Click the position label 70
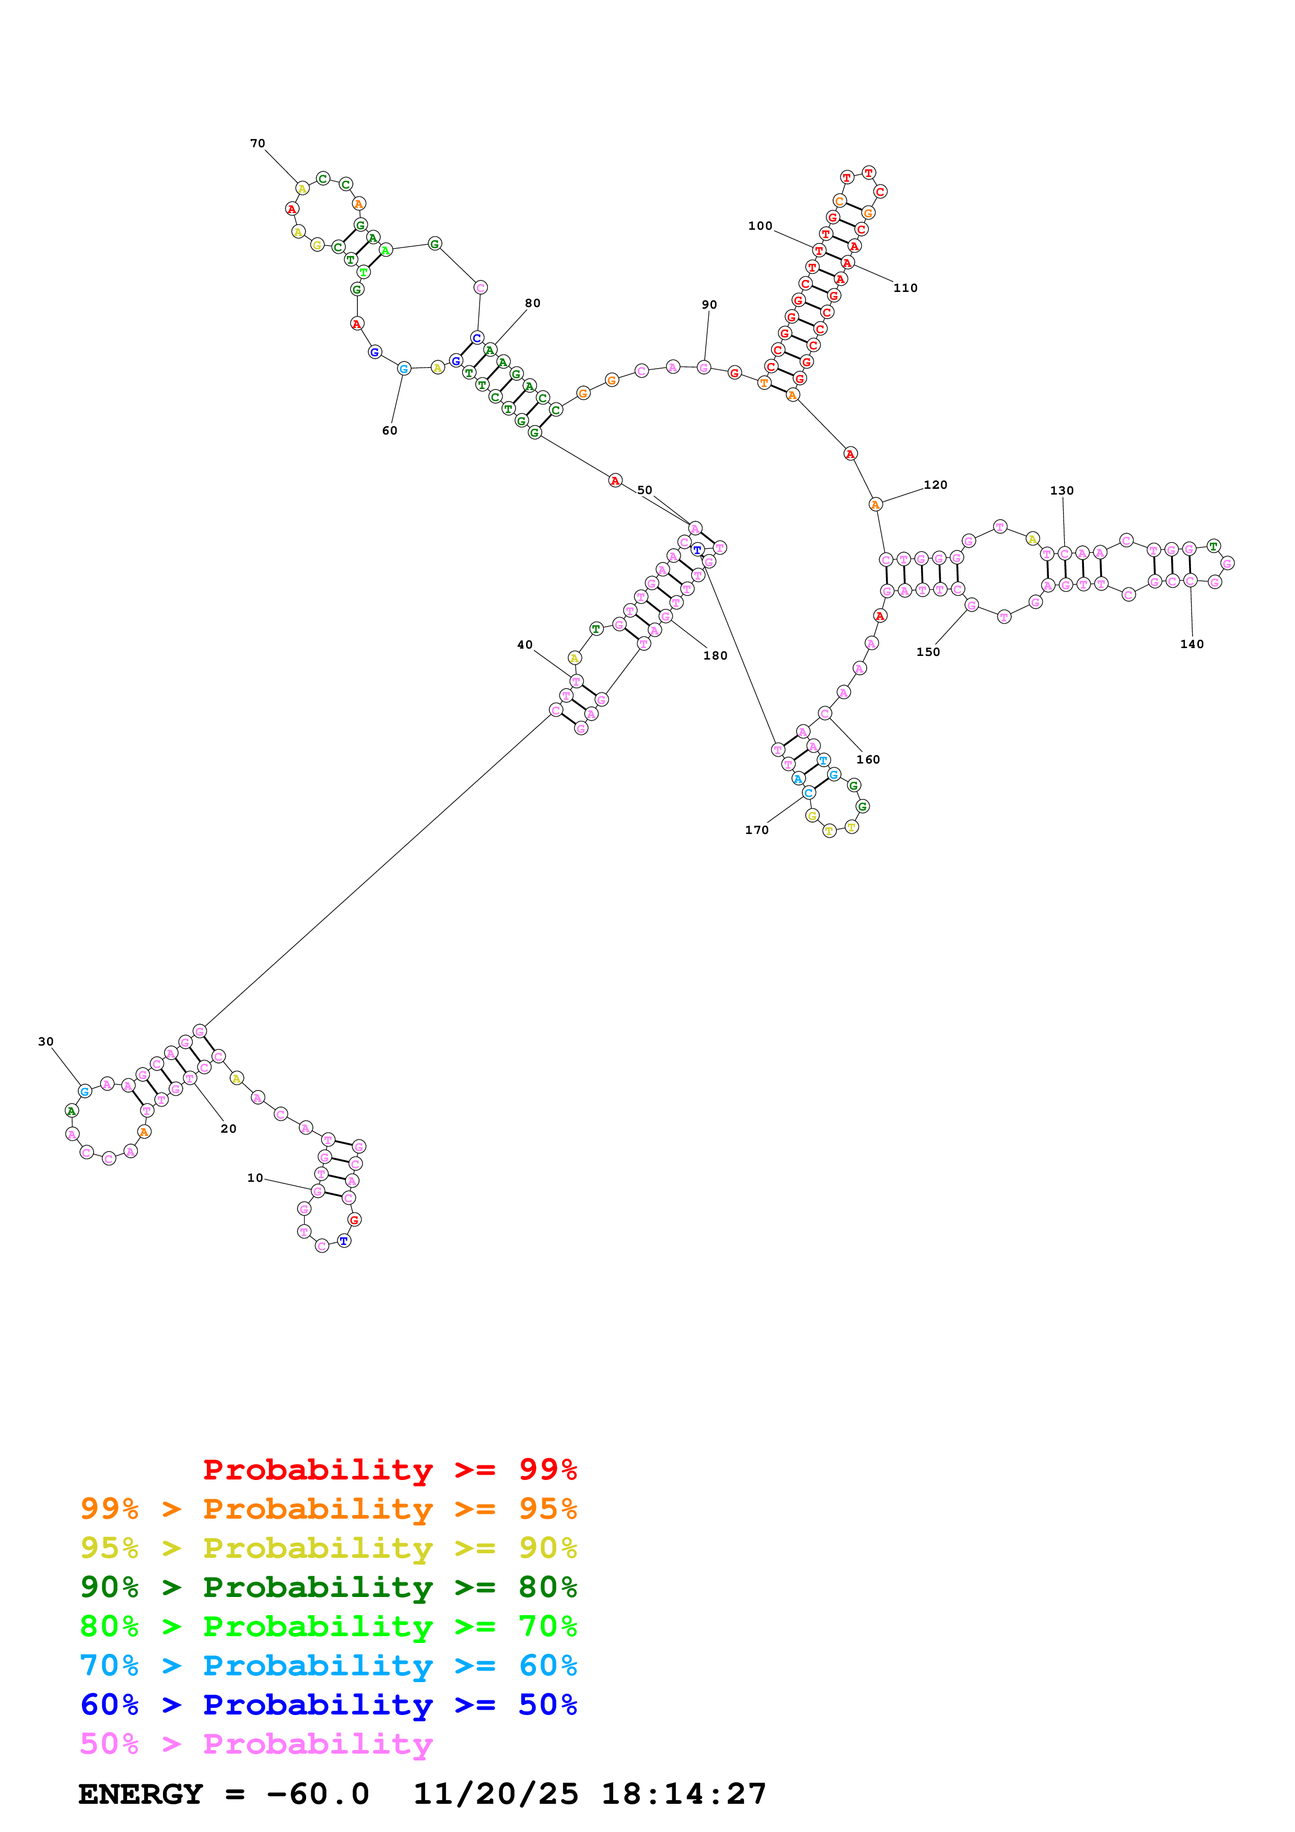click(x=257, y=144)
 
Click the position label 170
click(x=756, y=830)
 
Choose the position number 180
click(x=715, y=656)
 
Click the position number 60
click(x=389, y=431)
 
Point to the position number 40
click(x=524, y=645)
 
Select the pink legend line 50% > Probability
click(x=256, y=1744)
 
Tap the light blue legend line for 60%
click(x=328, y=1666)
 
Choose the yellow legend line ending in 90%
click(x=328, y=1548)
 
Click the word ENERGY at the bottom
click(x=141, y=1794)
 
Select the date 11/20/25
click(x=496, y=1794)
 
